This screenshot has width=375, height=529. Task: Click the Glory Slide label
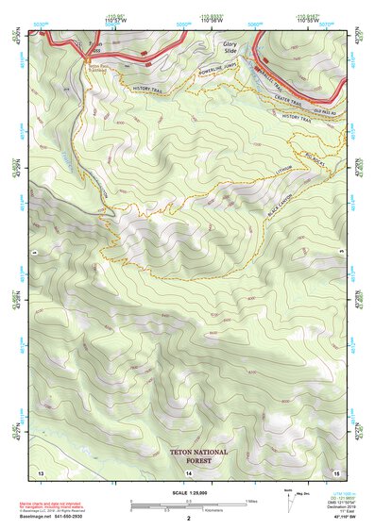[230, 48]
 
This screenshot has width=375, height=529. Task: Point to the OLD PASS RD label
[312, 110]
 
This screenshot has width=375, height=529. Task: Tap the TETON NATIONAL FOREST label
[198, 457]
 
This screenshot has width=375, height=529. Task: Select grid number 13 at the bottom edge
[40, 471]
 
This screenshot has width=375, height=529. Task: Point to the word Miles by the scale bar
[251, 500]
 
